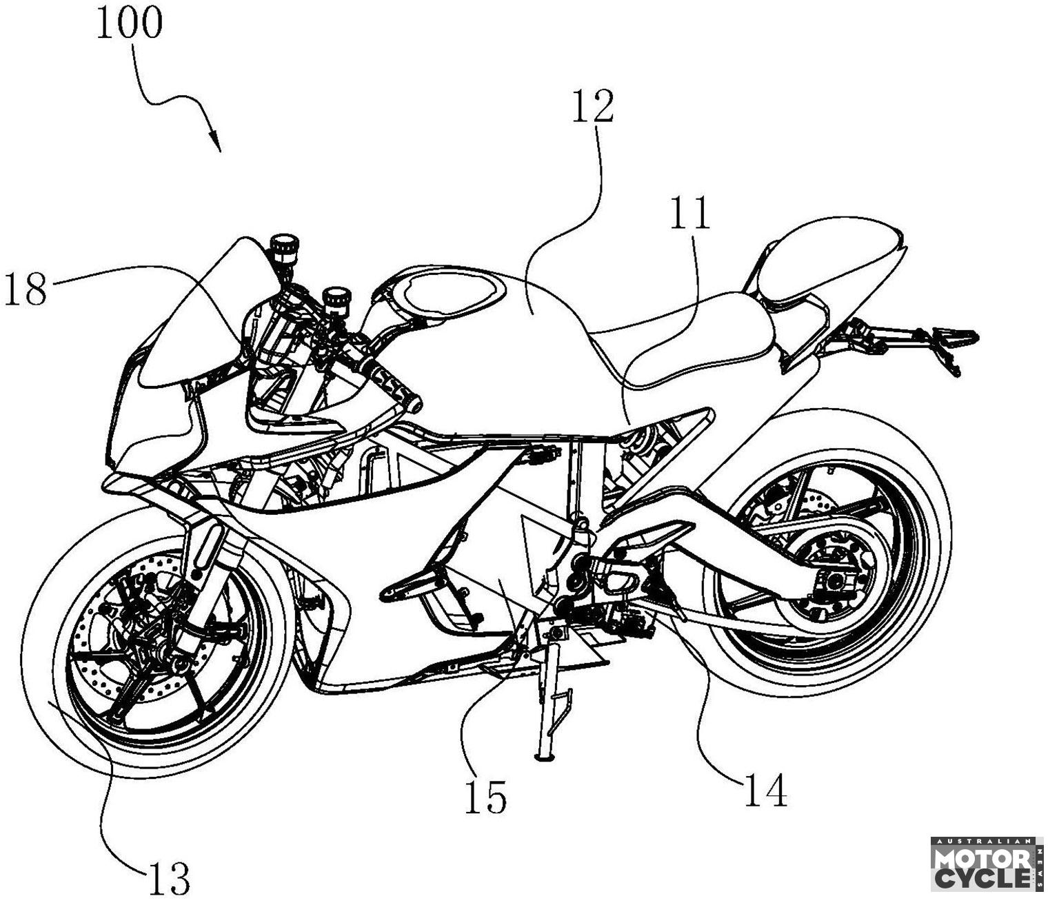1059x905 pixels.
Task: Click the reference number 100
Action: (x=129, y=23)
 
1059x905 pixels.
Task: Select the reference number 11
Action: (x=689, y=213)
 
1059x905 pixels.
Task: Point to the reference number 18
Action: (x=26, y=289)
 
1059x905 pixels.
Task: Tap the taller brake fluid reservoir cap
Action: (x=281, y=246)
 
